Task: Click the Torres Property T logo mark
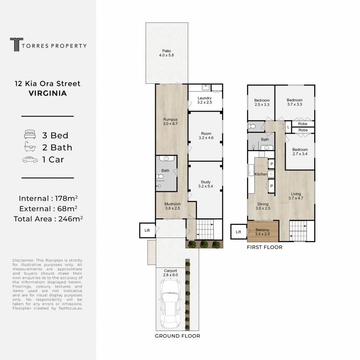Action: click(16, 44)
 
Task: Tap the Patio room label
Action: click(166, 53)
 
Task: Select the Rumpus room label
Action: click(170, 121)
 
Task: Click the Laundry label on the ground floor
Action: click(204, 100)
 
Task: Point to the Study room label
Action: click(206, 184)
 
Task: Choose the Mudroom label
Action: click(172, 206)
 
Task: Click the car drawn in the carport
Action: click(171, 303)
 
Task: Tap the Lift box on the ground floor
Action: click(147, 230)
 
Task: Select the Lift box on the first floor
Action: click(239, 232)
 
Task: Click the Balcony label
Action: click(262, 232)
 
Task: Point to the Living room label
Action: click(296, 196)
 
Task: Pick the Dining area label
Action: click(263, 206)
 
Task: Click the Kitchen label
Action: click(261, 174)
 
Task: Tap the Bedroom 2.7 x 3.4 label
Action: click(300, 152)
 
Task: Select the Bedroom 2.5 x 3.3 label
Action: click(262, 102)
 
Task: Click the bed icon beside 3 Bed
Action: click(30, 134)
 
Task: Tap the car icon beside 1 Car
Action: click(30, 160)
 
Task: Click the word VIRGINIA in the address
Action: click(48, 93)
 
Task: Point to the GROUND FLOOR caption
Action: click(177, 336)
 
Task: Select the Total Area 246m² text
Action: click(48, 219)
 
